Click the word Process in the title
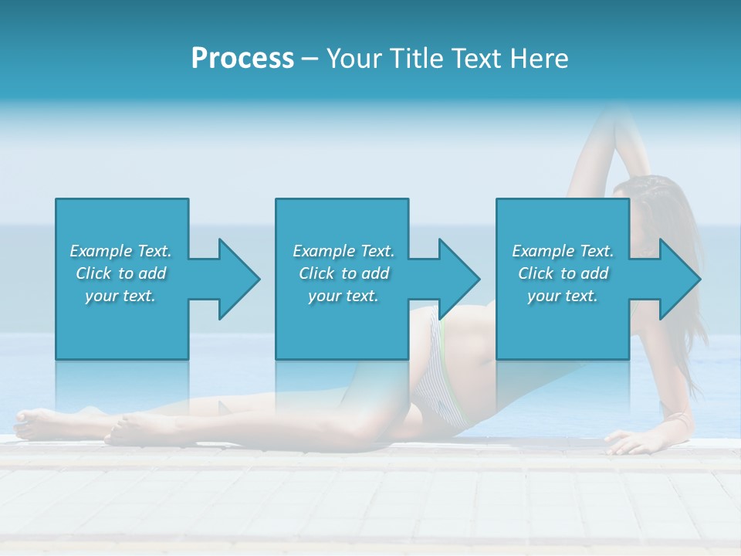(x=242, y=59)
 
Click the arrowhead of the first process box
(x=239, y=279)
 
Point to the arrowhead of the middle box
(x=459, y=279)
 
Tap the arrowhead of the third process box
(x=680, y=279)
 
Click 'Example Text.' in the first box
(x=120, y=251)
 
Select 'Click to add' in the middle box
(x=343, y=273)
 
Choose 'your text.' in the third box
(x=563, y=296)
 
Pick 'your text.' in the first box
(x=120, y=296)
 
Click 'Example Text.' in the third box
(x=563, y=251)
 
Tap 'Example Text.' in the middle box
(x=343, y=251)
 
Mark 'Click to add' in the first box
(x=120, y=273)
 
